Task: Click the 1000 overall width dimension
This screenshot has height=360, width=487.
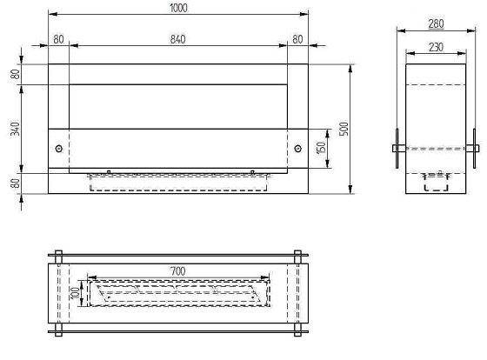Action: (178, 8)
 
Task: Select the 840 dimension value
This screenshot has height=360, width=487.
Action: (178, 39)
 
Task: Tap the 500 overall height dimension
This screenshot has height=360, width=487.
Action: (344, 129)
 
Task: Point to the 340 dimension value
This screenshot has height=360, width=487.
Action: (15, 129)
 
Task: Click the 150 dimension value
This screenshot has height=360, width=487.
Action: (321, 148)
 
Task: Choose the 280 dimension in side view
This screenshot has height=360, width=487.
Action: (436, 24)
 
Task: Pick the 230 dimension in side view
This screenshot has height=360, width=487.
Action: (436, 47)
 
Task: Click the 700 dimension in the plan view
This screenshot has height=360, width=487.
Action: (178, 271)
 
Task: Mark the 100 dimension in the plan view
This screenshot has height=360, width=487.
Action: (76, 293)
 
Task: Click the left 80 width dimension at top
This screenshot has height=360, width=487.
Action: (59, 39)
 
